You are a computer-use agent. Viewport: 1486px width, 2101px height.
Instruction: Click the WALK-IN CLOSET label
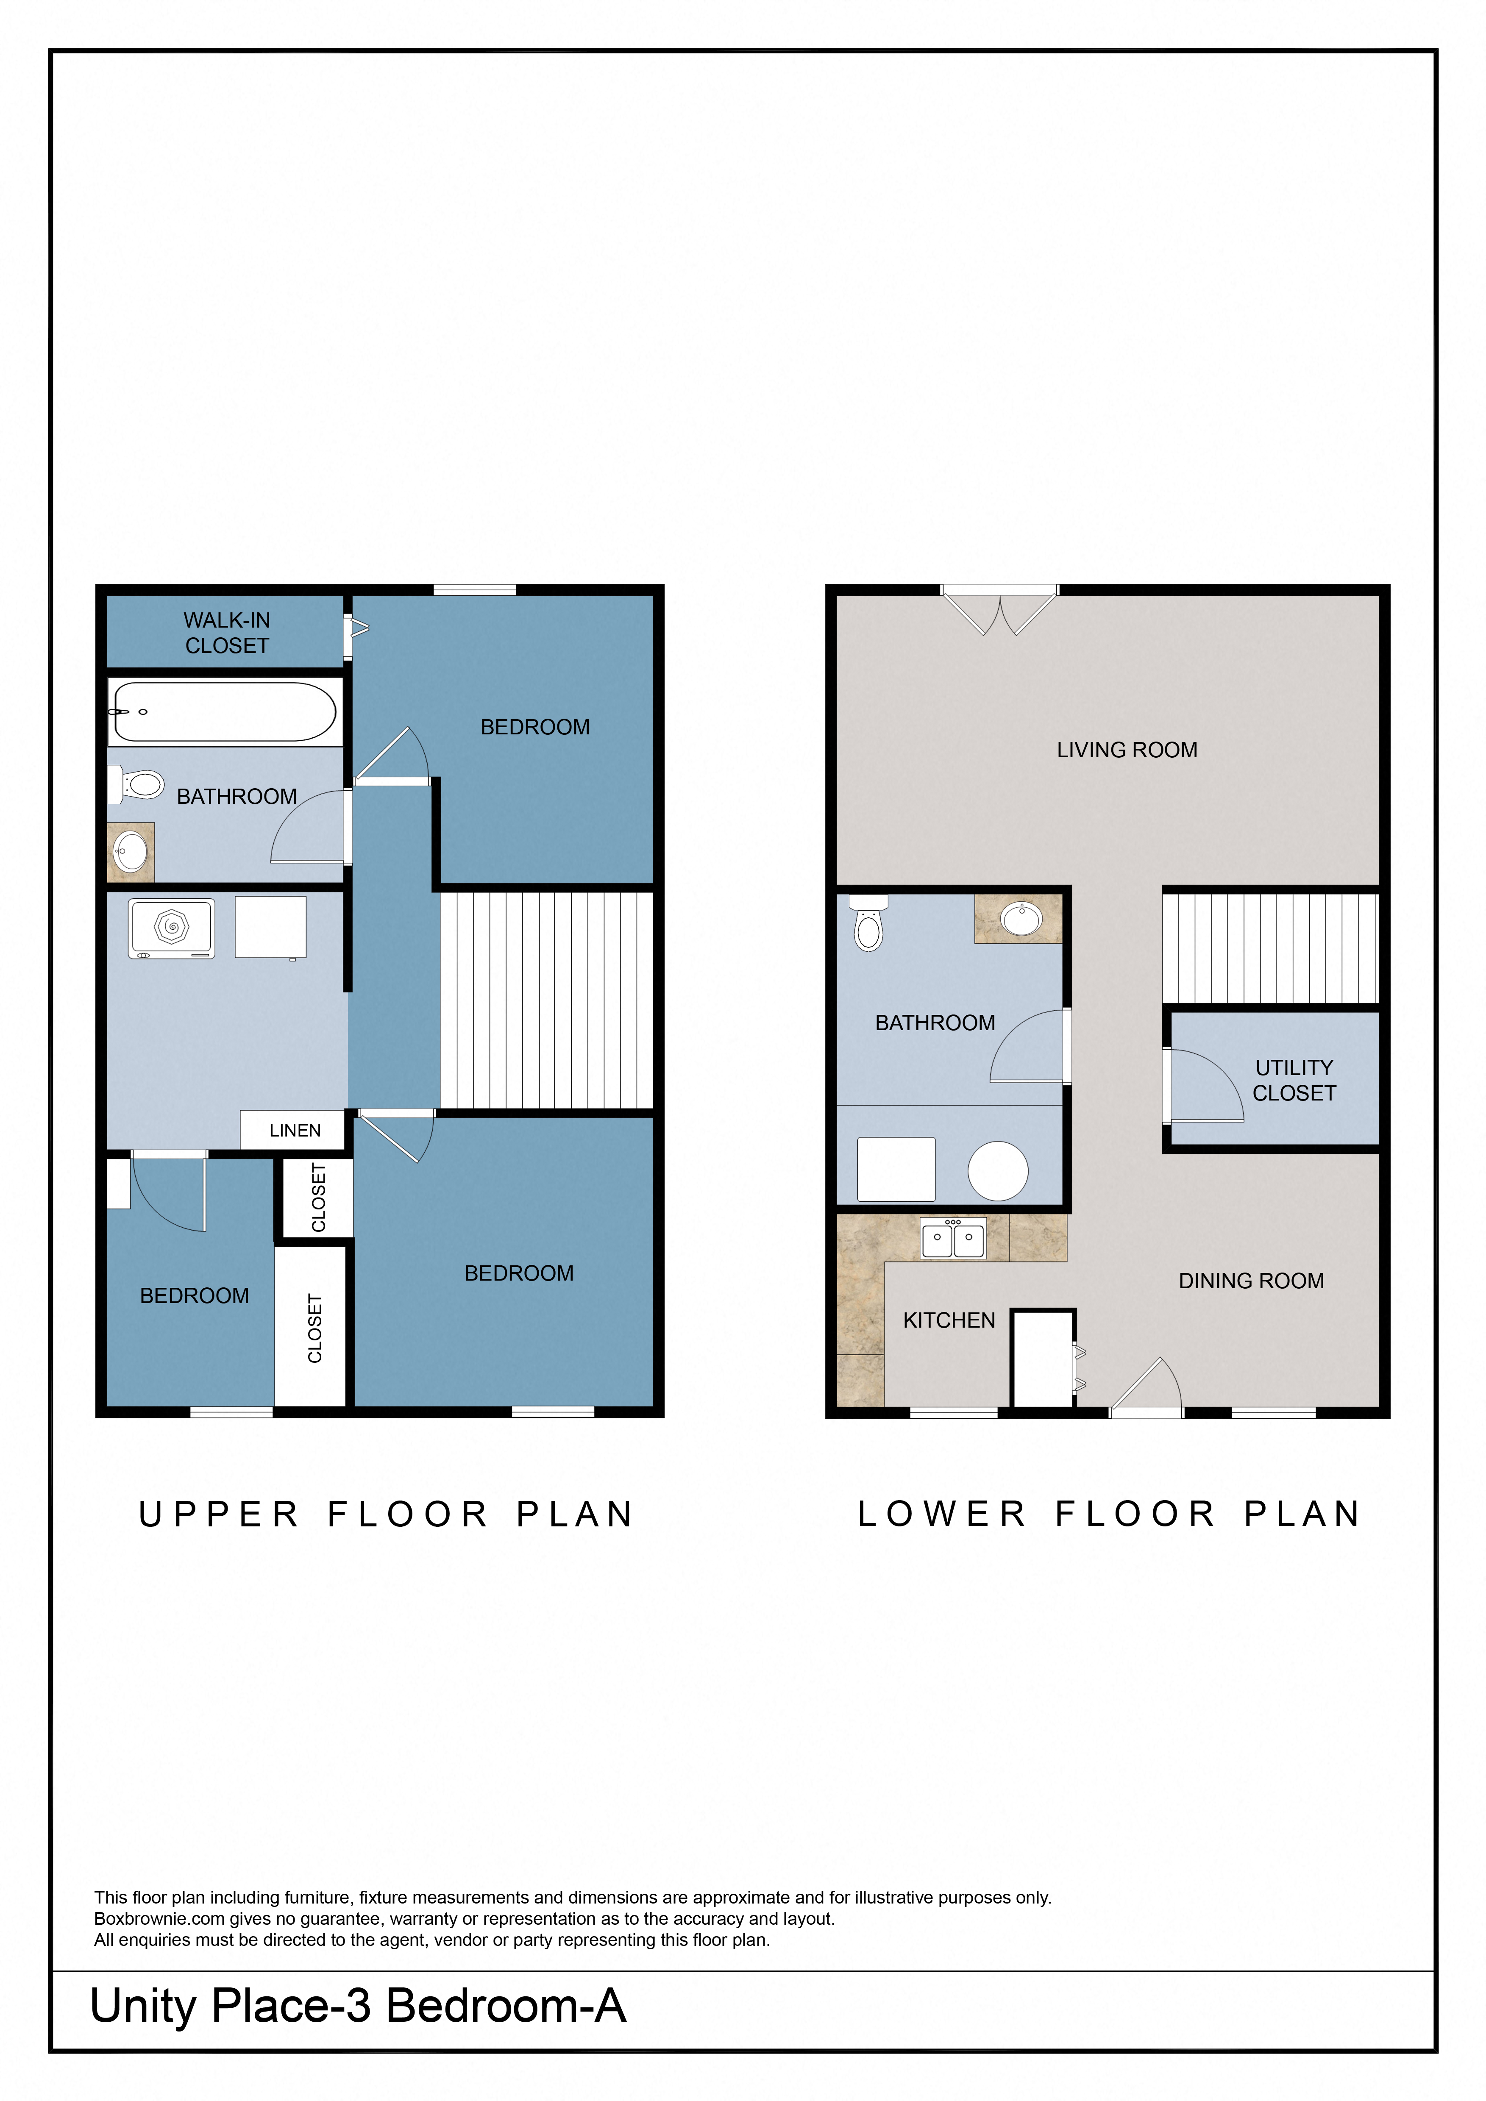point(227,633)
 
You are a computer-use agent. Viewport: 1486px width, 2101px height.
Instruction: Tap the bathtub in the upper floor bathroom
point(224,712)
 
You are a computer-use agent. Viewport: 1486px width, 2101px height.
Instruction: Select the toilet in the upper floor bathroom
point(137,784)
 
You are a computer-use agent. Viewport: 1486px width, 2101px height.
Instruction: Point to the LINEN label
point(295,1130)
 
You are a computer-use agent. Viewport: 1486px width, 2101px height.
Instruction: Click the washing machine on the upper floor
point(171,928)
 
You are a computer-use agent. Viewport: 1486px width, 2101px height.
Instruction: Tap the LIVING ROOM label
point(1127,750)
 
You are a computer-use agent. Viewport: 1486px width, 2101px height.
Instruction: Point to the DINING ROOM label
point(1251,1281)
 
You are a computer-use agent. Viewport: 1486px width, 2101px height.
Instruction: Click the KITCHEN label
point(949,1320)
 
